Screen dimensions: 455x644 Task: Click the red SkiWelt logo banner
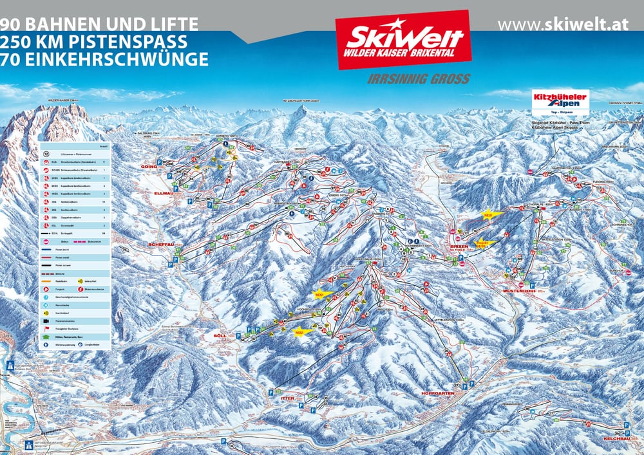[x=403, y=41]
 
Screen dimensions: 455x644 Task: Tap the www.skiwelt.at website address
[x=563, y=24]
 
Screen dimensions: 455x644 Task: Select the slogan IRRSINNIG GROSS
[x=418, y=79]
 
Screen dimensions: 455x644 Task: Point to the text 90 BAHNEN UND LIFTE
[x=99, y=24]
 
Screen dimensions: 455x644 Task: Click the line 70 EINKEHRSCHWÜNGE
[x=104, y=59]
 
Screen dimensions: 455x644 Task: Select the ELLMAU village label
[x=166, y=192]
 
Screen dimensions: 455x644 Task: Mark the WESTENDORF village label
[x=515, y=291]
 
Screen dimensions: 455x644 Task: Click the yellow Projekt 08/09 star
[x=484, y=244]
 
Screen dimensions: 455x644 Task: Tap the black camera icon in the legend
[x=46, y=320]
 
